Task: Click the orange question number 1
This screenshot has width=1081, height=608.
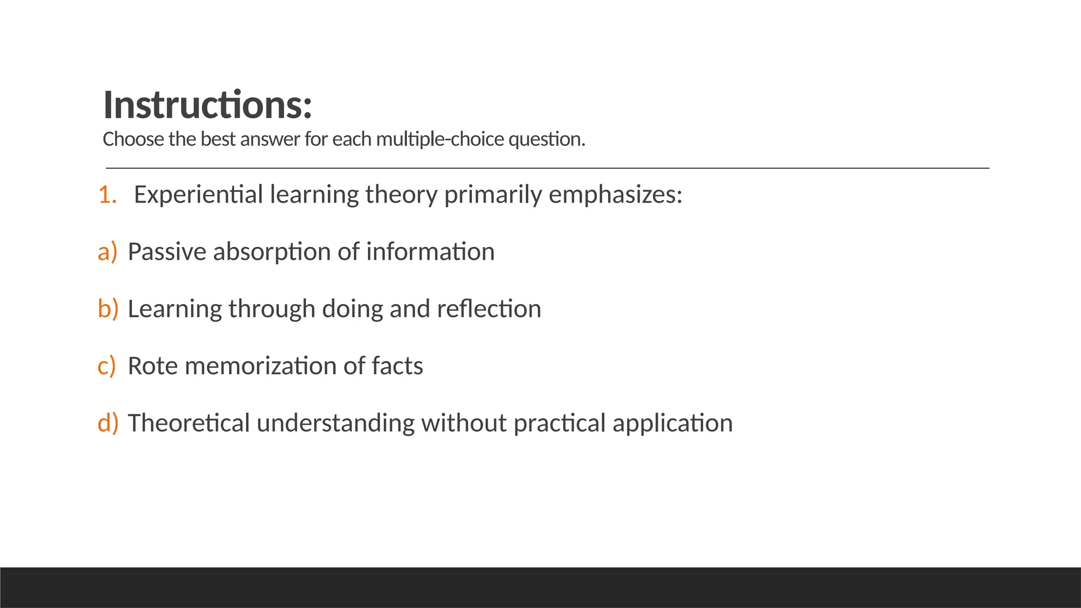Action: click(107, 195)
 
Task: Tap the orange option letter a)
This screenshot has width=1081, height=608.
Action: click(107, 252)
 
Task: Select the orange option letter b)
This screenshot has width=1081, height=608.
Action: click(108, 309)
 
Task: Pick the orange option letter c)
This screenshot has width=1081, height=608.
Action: click(107, 366)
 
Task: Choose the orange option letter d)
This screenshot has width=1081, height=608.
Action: click(108, 423)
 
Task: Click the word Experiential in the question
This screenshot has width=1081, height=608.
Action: click(198, 195)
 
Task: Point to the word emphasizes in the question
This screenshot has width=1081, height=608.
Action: click(615, 195)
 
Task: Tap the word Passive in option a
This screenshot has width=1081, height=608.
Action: click(167, 252)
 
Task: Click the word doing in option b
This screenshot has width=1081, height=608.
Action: click(352, 309)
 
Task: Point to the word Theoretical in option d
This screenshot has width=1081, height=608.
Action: click(188, 423)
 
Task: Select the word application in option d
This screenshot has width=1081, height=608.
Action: click(672, 423)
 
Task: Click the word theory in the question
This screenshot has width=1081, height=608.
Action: click(401, 195)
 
